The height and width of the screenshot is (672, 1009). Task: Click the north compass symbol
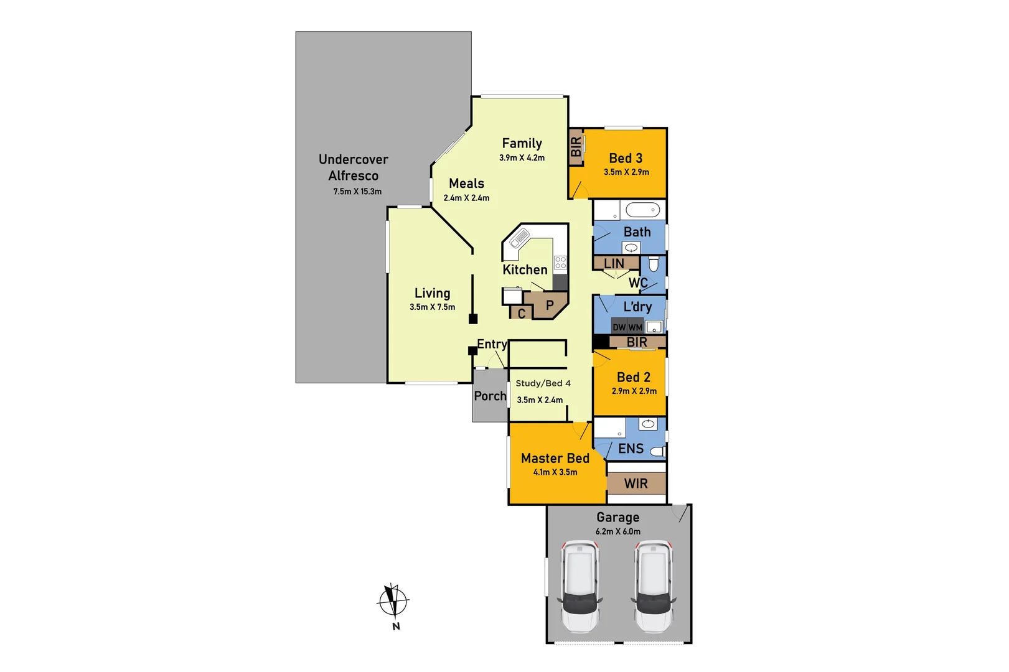click(x=393, y=601)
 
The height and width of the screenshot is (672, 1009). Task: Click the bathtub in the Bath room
click(x=642, y=210)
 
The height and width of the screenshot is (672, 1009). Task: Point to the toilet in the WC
click(x=654, y=264)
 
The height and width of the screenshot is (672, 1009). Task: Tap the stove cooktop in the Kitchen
click(x=561, y=263)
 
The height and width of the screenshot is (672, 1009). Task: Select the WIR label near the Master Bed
click(x=636, y=483)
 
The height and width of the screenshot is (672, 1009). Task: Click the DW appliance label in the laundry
click(x=619, y=327)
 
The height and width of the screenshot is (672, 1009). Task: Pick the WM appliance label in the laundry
click(x=635, y=327)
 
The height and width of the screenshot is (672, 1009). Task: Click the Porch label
click(x=490, y=396)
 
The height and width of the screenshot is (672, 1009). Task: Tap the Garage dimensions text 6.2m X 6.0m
click(x=617, y=531)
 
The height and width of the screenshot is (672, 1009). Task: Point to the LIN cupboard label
click(x=614, y=264)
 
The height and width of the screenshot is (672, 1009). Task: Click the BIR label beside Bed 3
click(x=576, y=147)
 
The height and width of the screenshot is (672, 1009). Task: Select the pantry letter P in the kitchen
click(x=550, y=306)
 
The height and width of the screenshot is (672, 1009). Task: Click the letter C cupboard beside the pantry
click(x=522, y=314)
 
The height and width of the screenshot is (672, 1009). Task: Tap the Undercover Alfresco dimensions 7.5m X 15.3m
click(x=357, y=192)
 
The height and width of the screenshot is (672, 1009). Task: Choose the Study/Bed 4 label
click(x=543, y=383)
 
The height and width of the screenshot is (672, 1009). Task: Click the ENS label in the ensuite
click(x=631, y=449)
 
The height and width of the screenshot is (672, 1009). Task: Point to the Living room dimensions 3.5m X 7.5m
click(x=432, y=307)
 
